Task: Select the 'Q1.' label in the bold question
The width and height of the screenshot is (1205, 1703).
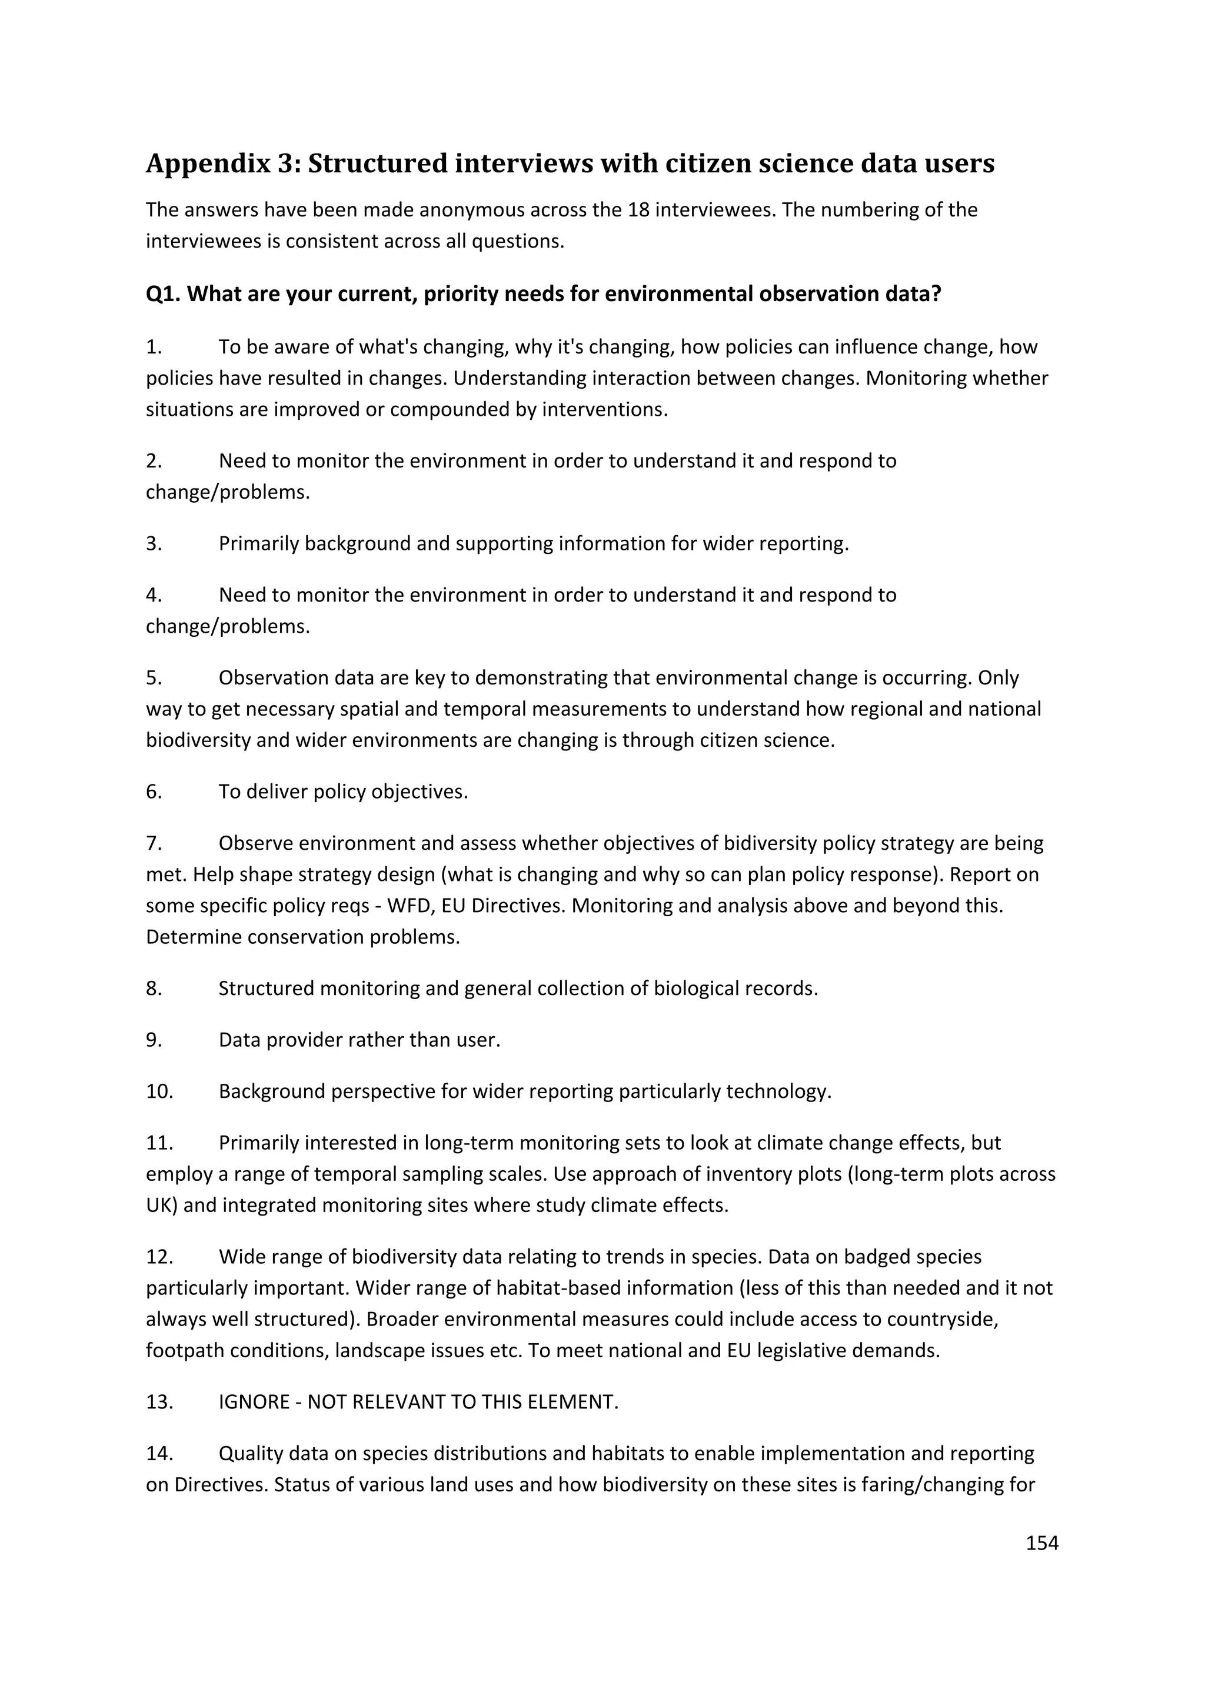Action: coord(163,293)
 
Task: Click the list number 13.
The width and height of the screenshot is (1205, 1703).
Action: coord(159,1402)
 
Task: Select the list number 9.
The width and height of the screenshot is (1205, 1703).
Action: coord(154,1040)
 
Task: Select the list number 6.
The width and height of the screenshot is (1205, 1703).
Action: coord(154,792)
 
